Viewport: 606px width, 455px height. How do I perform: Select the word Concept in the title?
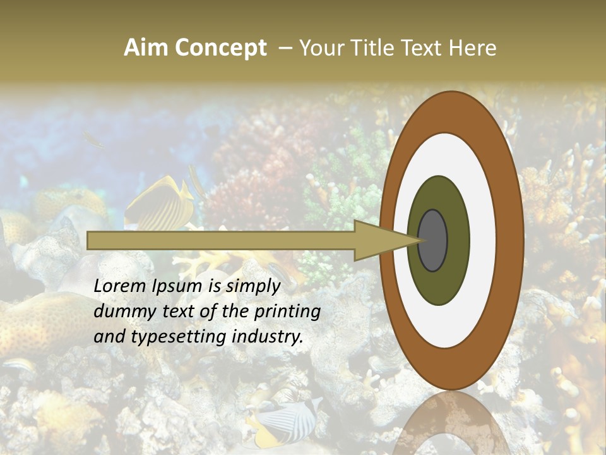click(221, 49)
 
